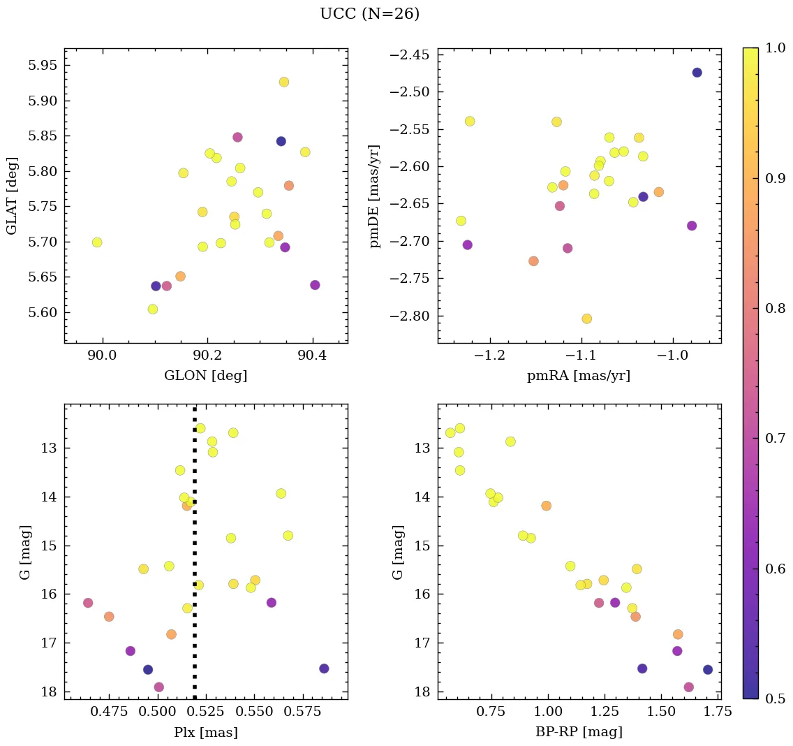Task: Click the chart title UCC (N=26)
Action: point(369,14)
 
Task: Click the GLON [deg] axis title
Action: point(206,376)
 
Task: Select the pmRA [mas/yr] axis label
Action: point(579,376)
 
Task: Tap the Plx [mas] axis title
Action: point(206,732)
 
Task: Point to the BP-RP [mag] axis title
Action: point(579,732)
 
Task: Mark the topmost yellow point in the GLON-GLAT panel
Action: point(284,82)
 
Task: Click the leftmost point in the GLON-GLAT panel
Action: point(97,242)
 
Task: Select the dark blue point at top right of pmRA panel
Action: point(697,73)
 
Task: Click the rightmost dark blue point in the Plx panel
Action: point(324,668)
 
